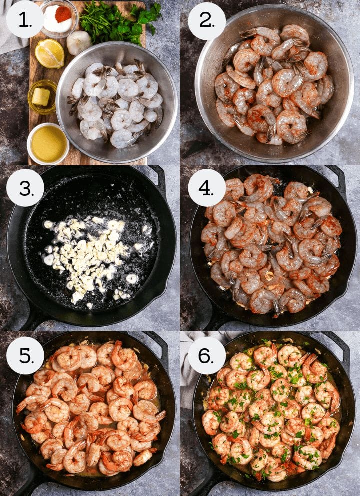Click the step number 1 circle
pos(25,19)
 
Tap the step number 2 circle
pos(207,21)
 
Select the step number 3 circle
pos(25,188)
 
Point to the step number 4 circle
pos(207,188)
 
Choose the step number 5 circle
pos(25,355)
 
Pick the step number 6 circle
pos(207,355)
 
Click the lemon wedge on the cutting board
pos(50,53)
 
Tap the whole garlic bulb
pos(78,42)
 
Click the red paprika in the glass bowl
pos(63,14)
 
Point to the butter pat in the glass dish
pos(41,96)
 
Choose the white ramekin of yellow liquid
pos(48,144)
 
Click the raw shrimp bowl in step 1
pos(116,102)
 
